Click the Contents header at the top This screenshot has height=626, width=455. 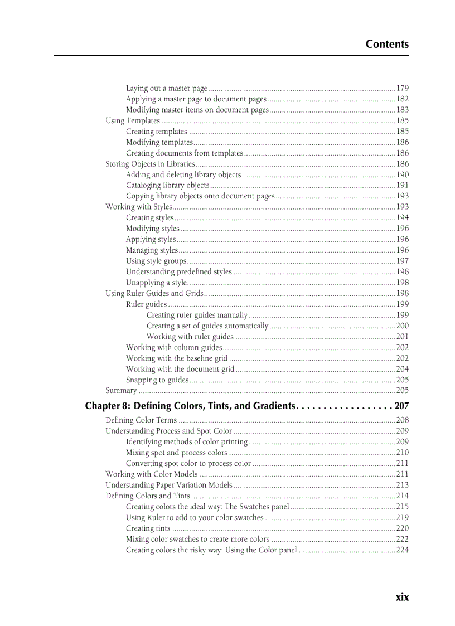click(x=387, y=44)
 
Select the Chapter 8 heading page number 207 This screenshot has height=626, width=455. click(x=401, y=406)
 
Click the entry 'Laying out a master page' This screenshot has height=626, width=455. click(x=166, y=88)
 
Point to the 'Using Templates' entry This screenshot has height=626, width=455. click(x=133, y=120)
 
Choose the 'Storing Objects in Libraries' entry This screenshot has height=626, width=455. click(x=150, y=164)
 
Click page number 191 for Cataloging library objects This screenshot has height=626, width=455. click(x=402, y=186)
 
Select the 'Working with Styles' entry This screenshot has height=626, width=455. click(x=139, y=207)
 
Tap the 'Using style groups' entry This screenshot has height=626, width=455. click(x=156, y=261)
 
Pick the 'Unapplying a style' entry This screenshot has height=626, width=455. click(x=156, y=283)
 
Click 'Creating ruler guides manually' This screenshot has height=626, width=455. click(x=197, y=315)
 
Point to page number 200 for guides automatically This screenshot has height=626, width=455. click(x=402, y=326)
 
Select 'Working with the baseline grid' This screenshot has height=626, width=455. click(x=177, y=358)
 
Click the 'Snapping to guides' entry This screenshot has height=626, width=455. click(x=157, y=380)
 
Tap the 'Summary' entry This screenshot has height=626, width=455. click(x=121, y=391)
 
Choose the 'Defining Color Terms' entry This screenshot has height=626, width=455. click(x=141, y=420)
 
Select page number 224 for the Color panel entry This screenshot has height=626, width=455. click(x=402, y=550)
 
